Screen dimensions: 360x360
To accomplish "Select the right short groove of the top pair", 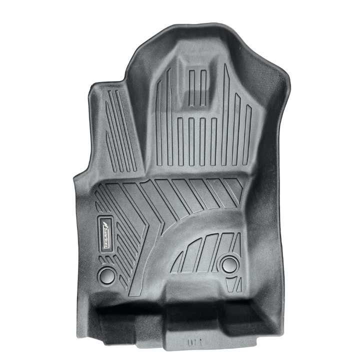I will [x=203, y=88].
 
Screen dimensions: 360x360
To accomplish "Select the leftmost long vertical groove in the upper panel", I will [x=158, y=122].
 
